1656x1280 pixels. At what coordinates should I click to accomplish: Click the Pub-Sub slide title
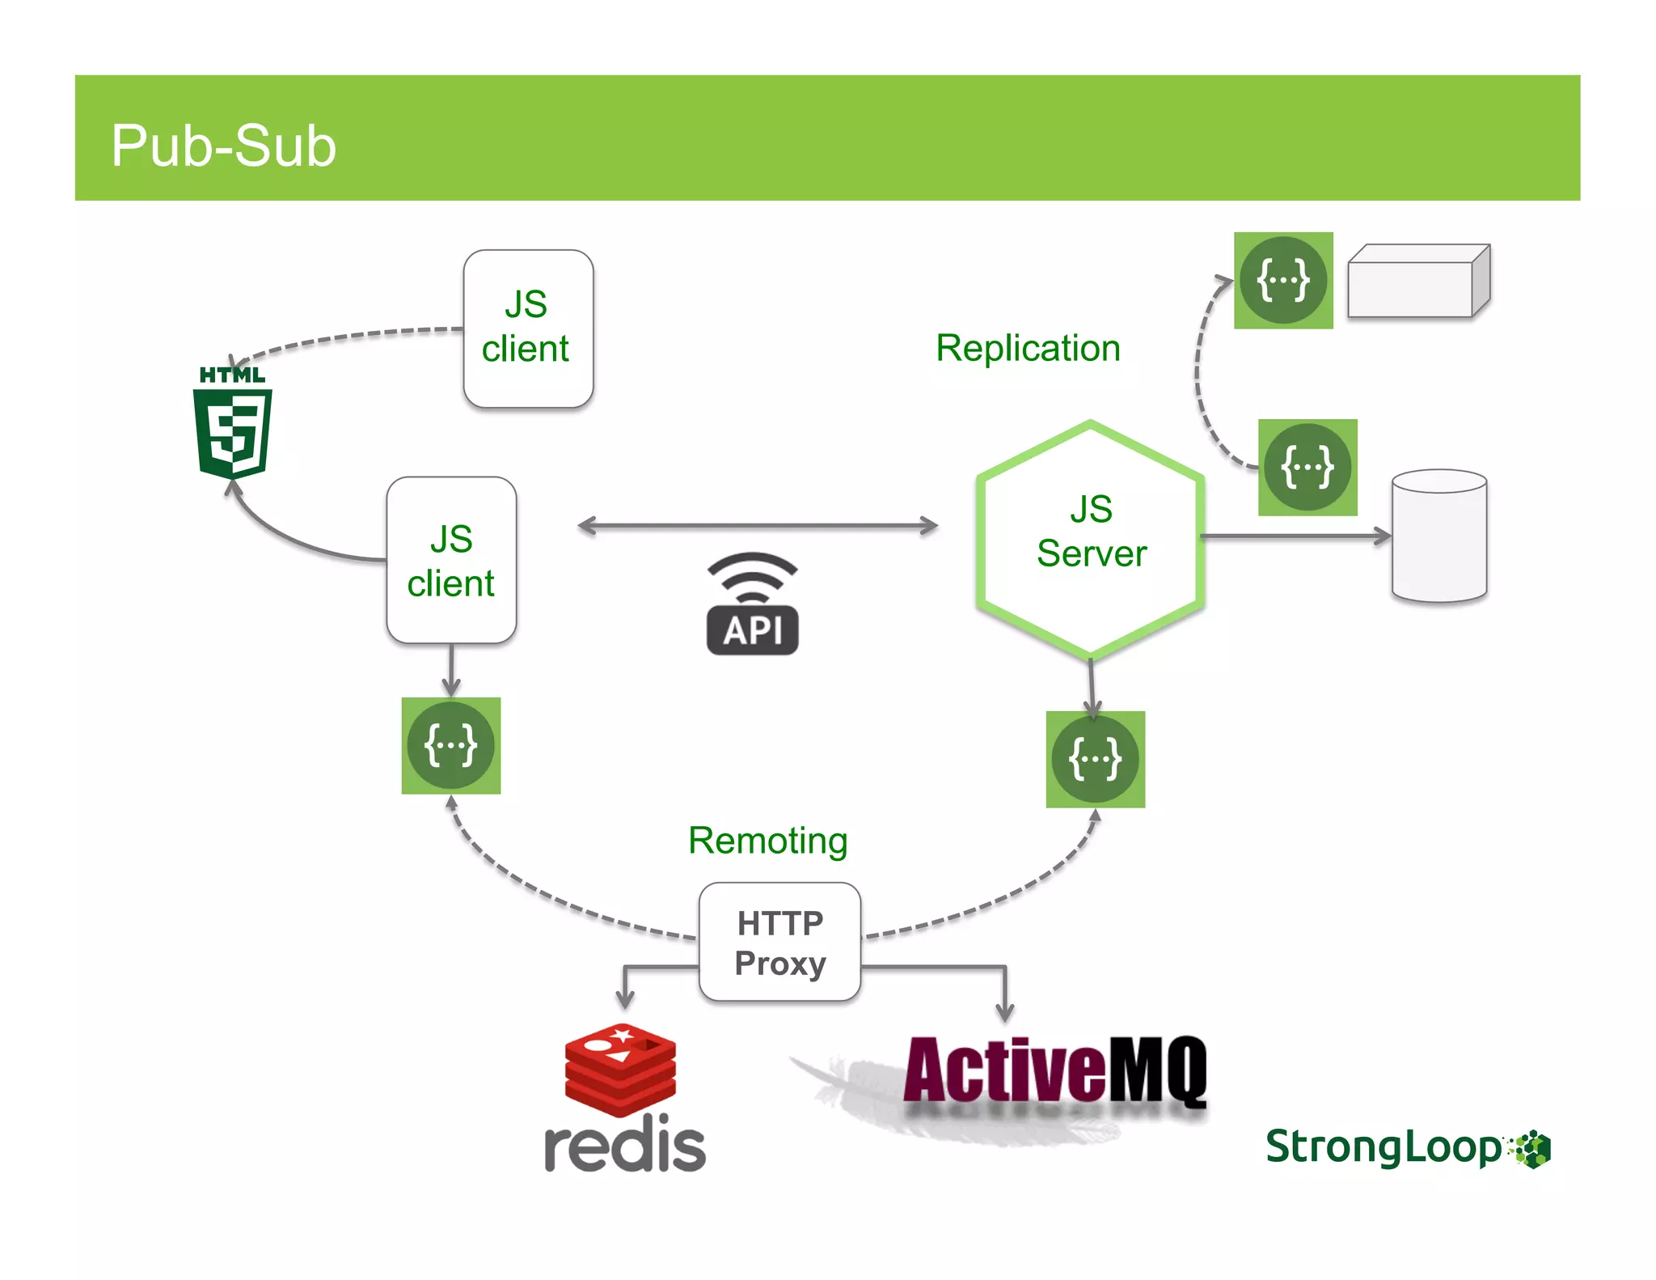(223, 146)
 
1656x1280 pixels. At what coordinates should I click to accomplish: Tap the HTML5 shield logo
(233, 422)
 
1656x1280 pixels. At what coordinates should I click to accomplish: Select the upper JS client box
(528, 328)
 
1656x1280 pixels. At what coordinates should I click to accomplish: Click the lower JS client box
(451, 560)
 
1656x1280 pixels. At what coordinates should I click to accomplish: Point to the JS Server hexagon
(1091, 538)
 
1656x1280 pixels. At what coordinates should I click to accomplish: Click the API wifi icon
(753, 604)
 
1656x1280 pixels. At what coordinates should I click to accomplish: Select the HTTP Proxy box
(779, 942)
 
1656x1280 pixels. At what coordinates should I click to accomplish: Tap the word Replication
(1028, 349)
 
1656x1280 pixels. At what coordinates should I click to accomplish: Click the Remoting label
(767, 841)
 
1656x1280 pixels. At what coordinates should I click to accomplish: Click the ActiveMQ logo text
(1055, 1070)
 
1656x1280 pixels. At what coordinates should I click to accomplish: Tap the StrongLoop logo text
(1384, 1147)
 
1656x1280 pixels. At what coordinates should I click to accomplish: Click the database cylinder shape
(1439, 536)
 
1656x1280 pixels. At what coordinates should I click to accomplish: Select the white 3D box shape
(1419, 281)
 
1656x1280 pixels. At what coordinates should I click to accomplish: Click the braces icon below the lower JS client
(451, 745)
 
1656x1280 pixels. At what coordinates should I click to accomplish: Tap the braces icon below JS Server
(1096, 759)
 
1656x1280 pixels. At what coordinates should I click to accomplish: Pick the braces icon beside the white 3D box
(1283, 280)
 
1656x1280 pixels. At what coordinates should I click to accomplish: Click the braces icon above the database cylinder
(1307, 467)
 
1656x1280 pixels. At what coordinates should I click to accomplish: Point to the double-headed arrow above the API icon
(758, 526)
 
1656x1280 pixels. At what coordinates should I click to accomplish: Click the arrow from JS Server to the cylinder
(1296, 535)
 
